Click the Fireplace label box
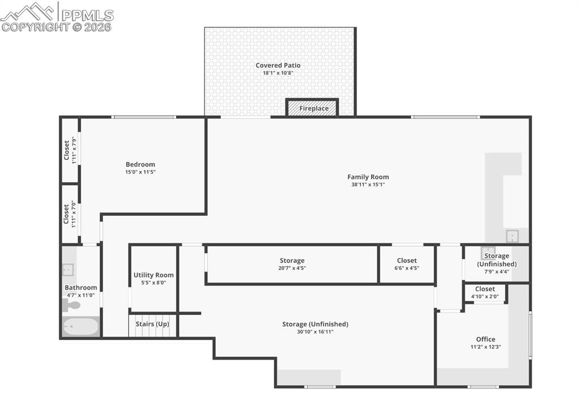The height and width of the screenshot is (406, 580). point(314,108)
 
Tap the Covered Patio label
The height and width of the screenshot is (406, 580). point(278,65)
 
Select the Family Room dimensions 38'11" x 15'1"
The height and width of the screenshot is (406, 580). point(368,185)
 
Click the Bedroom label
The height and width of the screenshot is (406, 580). point(140,164)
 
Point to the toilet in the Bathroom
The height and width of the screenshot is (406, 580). point(71,306)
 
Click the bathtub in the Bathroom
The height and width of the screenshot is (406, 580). point(80,327)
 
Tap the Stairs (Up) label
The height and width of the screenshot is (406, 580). point(152,324)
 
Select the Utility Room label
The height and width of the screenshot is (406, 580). point(153,275)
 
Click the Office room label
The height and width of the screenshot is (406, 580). point(485,339)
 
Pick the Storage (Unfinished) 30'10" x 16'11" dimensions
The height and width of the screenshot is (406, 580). point(315,332)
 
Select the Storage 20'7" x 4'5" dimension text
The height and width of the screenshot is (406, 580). point(292,268)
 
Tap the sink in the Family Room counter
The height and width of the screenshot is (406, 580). point(511,236)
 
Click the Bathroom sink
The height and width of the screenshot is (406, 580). point(68,270)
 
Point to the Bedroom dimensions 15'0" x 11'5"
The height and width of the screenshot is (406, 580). point(140,172)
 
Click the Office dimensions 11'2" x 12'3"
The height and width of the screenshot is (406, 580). point(485,347)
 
